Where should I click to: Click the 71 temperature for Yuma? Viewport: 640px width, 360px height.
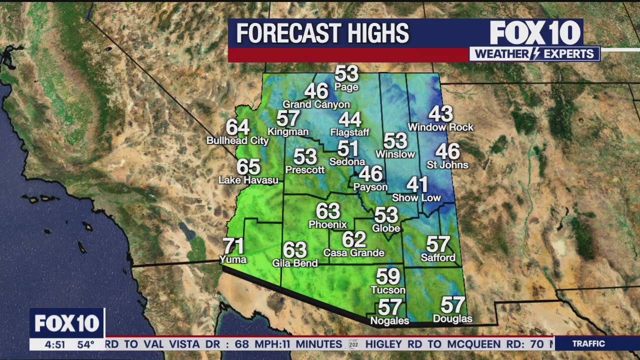[233, 246]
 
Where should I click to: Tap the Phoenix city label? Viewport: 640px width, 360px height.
[327, 224]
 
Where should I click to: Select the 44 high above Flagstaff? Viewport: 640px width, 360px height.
[349, 119]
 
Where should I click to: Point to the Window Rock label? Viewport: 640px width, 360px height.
[440, 127]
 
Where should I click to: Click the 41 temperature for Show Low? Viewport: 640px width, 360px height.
[416, 184]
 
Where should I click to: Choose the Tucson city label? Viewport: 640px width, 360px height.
[388, 290]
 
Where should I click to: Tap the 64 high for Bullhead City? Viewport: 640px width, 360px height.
[237, 127]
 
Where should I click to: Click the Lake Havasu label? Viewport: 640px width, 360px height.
[248, 180]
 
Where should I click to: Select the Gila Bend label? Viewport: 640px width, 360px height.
[294, 263]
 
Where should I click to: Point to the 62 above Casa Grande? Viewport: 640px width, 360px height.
[354, 239]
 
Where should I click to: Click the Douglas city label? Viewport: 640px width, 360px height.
[452, 319]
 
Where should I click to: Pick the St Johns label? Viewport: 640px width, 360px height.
[447, 165]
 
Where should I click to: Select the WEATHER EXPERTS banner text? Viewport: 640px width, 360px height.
[534, 54]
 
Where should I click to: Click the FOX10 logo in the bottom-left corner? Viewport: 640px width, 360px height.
[66, 323]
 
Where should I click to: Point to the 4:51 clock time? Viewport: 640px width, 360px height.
[55, 344]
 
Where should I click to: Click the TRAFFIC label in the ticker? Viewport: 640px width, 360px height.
[588, 343]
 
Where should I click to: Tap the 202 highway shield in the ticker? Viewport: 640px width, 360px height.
[353, 344]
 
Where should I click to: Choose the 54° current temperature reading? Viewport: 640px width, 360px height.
[85, 344]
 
